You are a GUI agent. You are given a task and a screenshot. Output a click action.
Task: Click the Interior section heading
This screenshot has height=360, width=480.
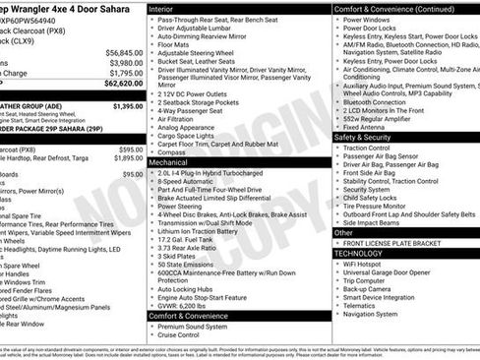[x=165, y=9]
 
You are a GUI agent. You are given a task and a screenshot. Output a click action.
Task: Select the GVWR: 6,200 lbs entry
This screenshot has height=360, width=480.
[x=188, y=305]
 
